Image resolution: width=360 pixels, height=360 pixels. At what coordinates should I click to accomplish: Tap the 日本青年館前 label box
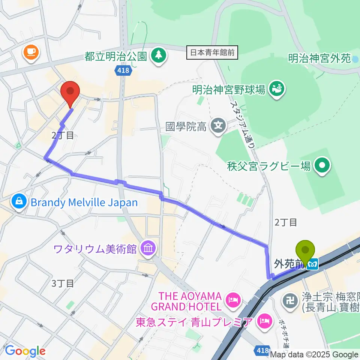[x=212, y=53]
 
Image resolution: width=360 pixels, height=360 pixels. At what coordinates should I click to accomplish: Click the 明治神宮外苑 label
[x=319, y=58]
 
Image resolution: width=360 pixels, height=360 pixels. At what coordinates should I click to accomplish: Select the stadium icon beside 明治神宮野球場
[x=278, y=89]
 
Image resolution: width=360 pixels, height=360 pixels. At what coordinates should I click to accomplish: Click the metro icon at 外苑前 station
[x=312, y=265]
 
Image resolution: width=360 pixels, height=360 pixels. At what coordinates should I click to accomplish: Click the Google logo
[x=25, y=351]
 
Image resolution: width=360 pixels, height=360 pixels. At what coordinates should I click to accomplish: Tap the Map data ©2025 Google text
[x=314, y=354]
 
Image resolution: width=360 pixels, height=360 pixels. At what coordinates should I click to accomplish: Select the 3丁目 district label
[x=63, y=283]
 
